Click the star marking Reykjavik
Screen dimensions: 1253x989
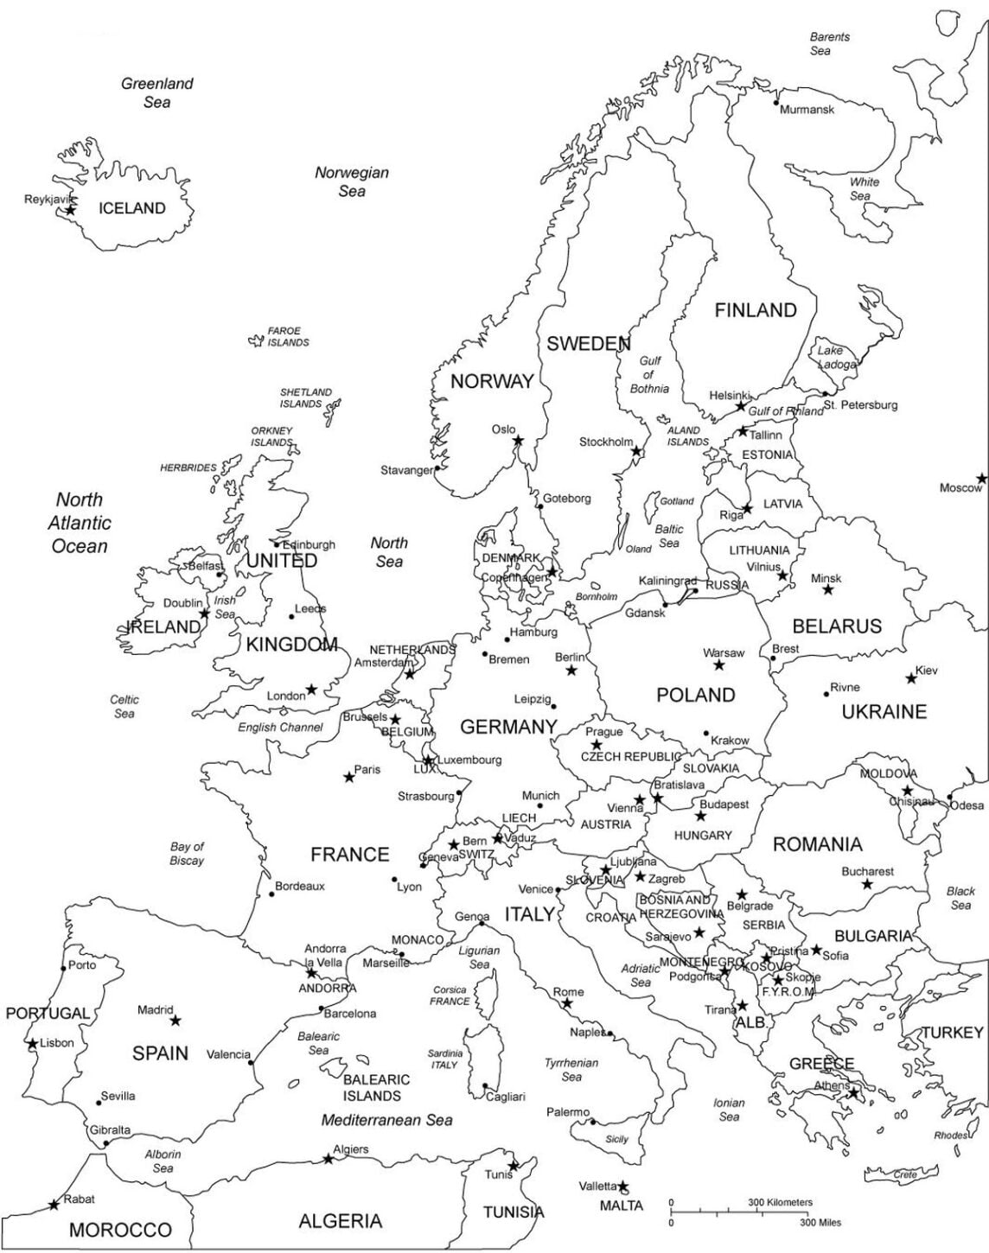coord(71,210)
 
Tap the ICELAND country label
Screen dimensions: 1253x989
coord(131,208)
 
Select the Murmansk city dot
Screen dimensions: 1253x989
coord(775,103)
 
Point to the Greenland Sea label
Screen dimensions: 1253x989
coord(156,92)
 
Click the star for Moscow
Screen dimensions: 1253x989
coord(981,478)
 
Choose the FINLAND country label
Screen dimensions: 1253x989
coord(755,310)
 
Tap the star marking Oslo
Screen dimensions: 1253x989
coord(518,441)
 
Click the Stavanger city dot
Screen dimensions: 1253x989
coord(437,468)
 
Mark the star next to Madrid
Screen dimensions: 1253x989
coord(175,1021)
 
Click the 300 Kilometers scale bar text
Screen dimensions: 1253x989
coord(780,1202)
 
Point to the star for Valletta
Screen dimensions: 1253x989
coord(623,1186)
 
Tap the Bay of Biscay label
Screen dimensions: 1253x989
coord(187,853)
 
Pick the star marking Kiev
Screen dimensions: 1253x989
coord(911,678)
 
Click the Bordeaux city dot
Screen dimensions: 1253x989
coord(271,894)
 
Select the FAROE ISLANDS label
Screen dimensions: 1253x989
coord(285,336)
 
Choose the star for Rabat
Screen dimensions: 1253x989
coord(54,1204)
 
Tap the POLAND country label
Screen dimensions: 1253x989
coord(695,695)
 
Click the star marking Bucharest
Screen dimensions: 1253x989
coord(867,885)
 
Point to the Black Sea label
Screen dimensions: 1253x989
coord(960,898)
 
